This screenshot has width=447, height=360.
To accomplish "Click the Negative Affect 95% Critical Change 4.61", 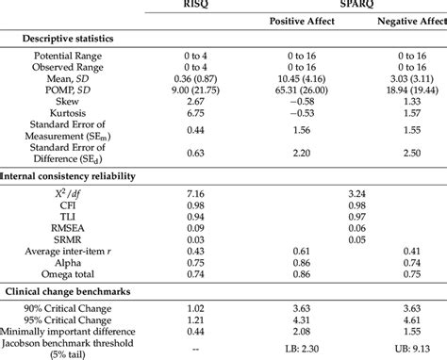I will point(408,320).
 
